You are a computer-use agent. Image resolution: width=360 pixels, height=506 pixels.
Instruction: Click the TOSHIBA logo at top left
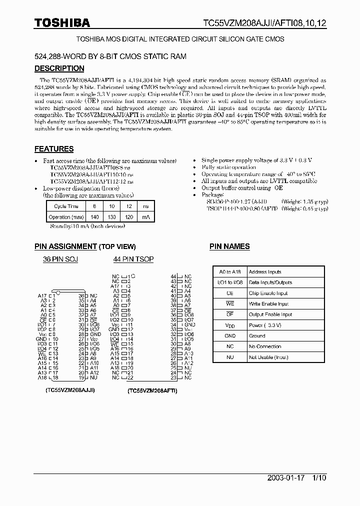coord(62,22)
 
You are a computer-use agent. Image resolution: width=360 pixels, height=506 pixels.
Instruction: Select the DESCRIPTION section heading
coord(59,68)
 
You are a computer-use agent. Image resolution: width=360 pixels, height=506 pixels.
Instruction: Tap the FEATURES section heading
coord(54,149)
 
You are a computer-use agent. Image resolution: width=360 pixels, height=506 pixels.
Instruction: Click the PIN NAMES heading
coord(229,246)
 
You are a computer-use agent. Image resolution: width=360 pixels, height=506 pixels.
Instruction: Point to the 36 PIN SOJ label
coord(60,259)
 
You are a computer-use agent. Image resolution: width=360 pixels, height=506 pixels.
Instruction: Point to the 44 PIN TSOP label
coord(133,259)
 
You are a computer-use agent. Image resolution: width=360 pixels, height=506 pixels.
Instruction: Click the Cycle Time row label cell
coord(66,206)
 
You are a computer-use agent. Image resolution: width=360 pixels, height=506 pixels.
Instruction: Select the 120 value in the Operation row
coord(129,217)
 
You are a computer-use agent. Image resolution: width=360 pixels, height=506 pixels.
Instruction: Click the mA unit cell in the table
coord(146,217)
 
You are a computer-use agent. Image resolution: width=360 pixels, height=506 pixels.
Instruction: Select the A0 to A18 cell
coord(230,272)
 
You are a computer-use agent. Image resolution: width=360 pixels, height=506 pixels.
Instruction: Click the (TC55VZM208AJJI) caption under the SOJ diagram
coord(70,389)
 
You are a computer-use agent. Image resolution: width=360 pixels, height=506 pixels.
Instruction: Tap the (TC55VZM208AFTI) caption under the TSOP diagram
coord(152,391)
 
